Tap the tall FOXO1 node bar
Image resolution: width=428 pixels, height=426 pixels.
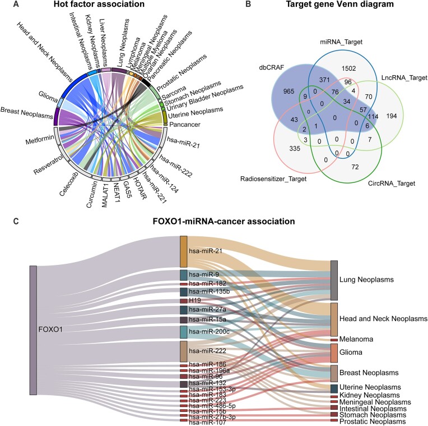coord(33,330)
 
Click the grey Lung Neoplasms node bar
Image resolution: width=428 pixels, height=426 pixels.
coord(334,280)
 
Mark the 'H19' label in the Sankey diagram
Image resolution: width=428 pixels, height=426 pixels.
coord(194,301)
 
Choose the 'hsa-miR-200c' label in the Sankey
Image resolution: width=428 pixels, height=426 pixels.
coord(208,332)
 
